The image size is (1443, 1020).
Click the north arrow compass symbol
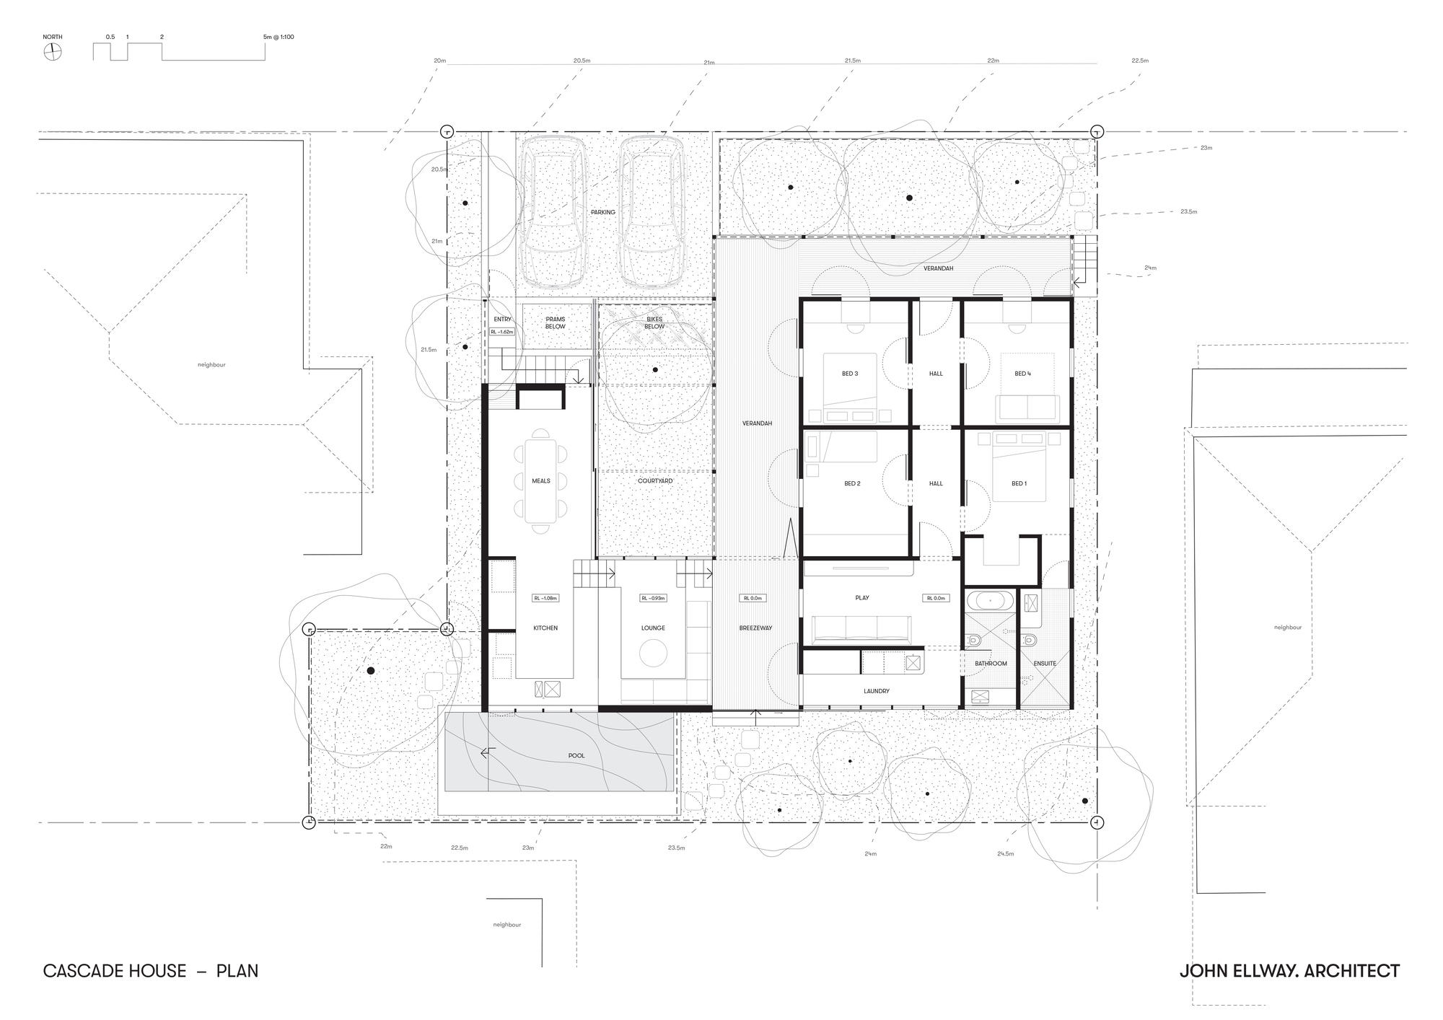click(x=53, y=52)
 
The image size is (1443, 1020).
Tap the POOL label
click(x=576, y=755)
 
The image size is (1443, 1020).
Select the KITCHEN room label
click(x=545, y=628)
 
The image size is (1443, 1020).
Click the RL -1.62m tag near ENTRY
click(x=501, y=332)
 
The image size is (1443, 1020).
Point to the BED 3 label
click(x=850, y=374)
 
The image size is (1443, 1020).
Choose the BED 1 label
click(x=1019, y=483)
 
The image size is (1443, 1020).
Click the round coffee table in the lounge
click(x=653, y=654)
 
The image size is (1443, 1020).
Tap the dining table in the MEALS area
click(x=540, y=480)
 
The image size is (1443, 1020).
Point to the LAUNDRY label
click(x=877, y=691)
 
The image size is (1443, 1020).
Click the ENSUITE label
click(x=1045, y=663)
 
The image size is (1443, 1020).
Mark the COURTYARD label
click(x=655, y=480)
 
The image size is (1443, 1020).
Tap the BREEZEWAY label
click(x=755, y=628)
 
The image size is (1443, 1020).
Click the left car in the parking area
click(x=553, y=211)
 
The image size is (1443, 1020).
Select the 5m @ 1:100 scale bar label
click(x=278, y=37)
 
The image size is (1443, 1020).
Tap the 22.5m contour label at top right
click(x=1140, y=61)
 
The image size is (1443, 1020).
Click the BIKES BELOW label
click(x=654, y=322)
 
